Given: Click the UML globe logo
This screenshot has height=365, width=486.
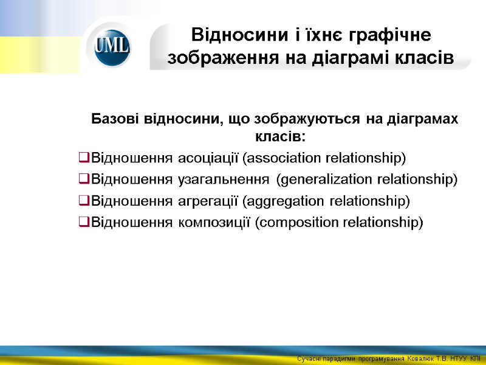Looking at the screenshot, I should click(x=112, y=47).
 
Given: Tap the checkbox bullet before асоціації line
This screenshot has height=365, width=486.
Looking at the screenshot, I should click(x=84, y=159).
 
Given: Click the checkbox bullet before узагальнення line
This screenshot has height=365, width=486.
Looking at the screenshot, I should click(x=84, y=180).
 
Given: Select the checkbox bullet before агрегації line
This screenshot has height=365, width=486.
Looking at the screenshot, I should click(x=84, y=201).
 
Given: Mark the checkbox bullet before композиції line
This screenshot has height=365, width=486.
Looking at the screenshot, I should click(x=84, y=223).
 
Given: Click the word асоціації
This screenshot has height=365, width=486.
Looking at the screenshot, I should click(x=209, y=159).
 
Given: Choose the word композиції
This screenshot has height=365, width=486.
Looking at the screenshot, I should click(x=215, y=223).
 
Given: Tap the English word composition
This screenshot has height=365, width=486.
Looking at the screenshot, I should click(x=295, y=223).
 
